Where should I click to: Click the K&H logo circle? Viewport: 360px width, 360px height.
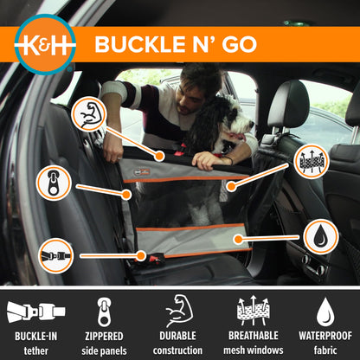click(x=45, y=43)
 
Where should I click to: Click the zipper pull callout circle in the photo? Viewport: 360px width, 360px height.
click(x=54, y=183)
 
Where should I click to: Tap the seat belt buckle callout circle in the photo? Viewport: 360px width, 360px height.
click(x=56, y=255)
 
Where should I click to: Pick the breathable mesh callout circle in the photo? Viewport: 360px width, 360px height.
click(x=311, y=161)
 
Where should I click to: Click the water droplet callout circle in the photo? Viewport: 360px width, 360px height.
click(x=320, y=236)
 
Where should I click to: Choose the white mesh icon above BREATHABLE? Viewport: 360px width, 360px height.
click(x=252, y=310)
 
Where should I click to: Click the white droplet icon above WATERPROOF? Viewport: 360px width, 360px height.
click(x=325, y=310)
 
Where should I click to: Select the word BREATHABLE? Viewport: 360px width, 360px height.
click(x=252, y=336)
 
